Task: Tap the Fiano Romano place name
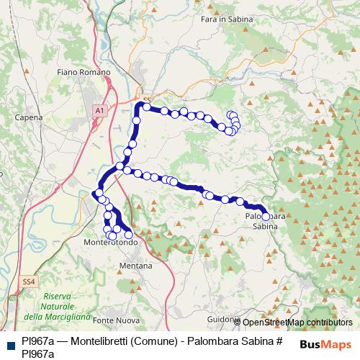(x=84, y=73)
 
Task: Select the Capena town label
(x=29, y=117)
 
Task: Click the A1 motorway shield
(x=99, y=110)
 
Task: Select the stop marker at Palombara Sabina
(x=266, y=216)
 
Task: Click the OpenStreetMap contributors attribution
(x=297, y=323)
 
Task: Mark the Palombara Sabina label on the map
(x=265, y=220)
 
